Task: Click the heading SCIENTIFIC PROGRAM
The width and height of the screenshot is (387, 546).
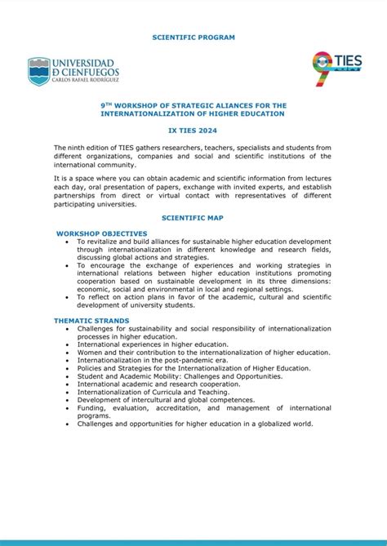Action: [x=193, y=38]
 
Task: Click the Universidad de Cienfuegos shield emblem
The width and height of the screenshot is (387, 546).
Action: [x=38, y=71]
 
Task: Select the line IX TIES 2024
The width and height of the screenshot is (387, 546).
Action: [x=193, y=129]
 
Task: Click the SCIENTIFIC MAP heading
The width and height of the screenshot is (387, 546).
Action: [x=193, y=218]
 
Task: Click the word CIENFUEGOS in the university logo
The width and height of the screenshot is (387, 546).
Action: [x=90, y=73]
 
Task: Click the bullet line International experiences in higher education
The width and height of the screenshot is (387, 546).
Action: [x=153, y=344]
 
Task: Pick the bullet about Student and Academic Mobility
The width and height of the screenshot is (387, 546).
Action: [x=180, y=376]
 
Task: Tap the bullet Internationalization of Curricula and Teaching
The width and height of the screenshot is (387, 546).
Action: [x=153, y=392]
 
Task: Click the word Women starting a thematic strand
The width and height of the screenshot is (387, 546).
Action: [x=90, y=353]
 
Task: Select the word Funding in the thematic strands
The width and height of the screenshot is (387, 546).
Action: [x=91, y=408]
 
